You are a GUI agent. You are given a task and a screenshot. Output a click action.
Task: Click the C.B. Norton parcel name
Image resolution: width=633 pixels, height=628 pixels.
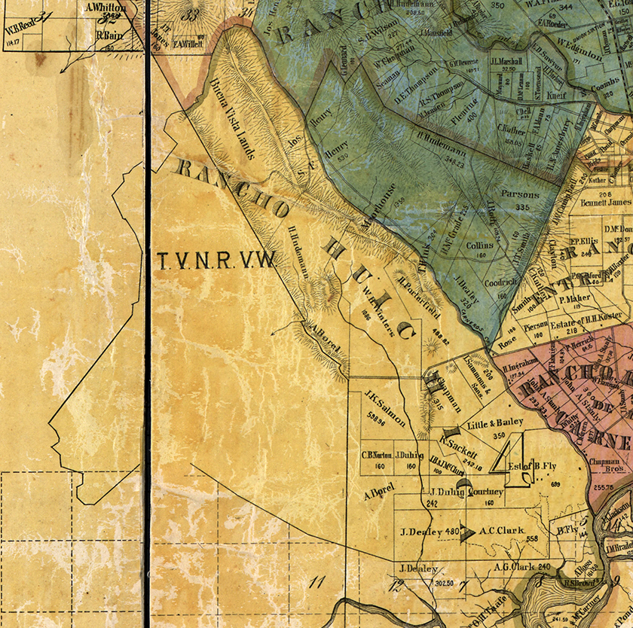(378, 455)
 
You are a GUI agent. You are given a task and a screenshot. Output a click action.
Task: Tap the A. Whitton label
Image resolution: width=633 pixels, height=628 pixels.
(104, 8)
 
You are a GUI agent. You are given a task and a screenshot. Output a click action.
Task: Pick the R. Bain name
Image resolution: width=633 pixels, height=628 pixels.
(110, 34)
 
